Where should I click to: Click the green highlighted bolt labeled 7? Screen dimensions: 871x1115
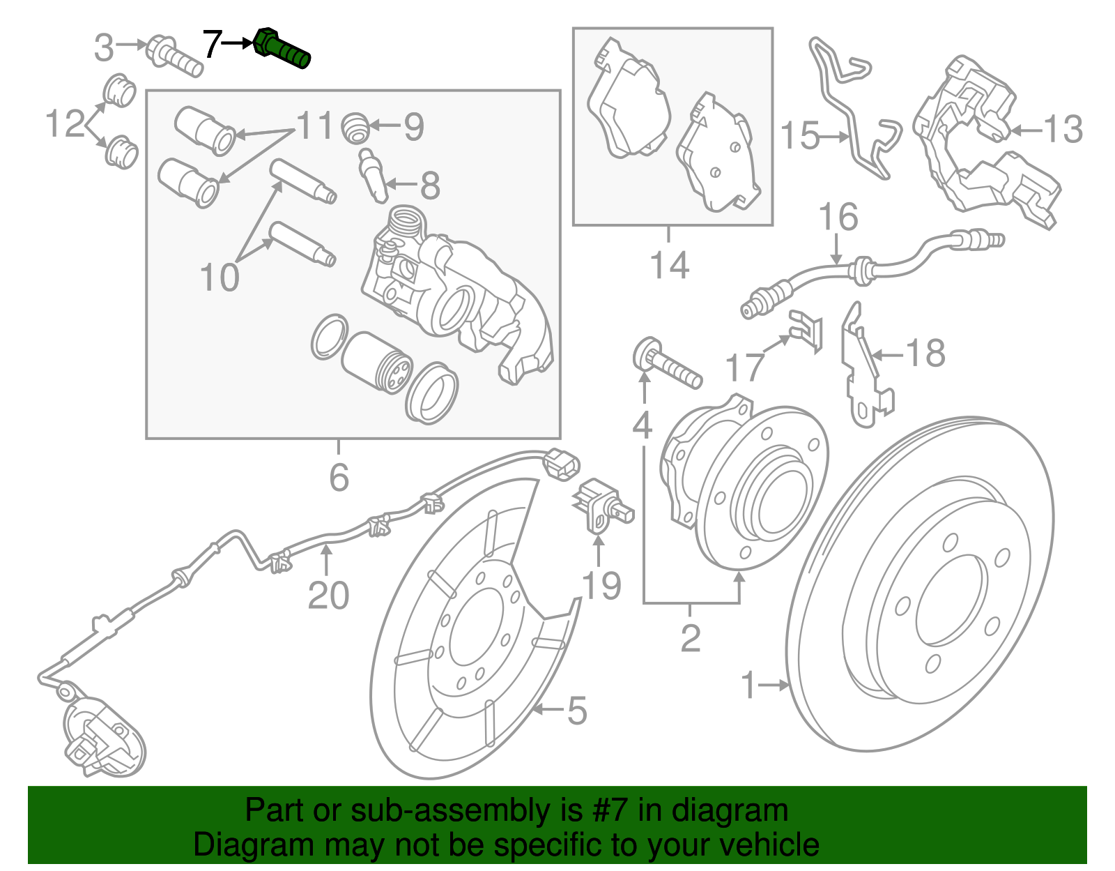tap(282, 49)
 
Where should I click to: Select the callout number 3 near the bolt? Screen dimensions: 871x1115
tap(104, 47)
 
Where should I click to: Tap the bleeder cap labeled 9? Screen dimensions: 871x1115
tap(355, 127)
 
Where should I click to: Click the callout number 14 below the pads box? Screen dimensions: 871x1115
tap(669, 265)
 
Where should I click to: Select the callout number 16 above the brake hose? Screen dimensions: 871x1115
tap(837, 218)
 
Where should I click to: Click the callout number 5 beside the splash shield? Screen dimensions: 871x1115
tap(577, 711)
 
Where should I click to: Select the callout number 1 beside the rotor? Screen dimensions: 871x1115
tap(748, 686)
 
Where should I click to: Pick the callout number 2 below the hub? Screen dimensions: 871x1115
tap(690, 638)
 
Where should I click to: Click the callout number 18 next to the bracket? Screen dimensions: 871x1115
tap(925, 354)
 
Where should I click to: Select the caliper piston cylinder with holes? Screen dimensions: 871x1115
tap(376, 363)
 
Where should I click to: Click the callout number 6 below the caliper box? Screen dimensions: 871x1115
tap(339, 478)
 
